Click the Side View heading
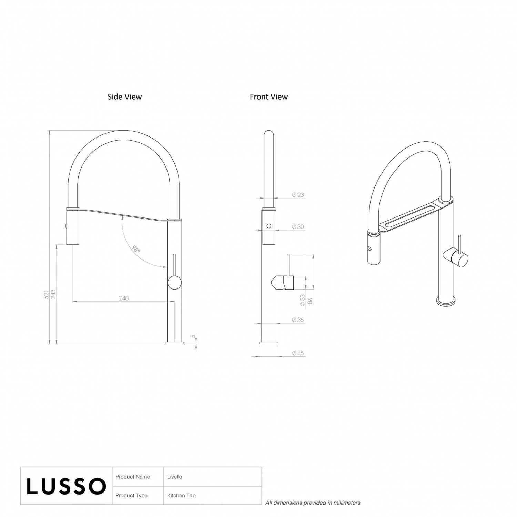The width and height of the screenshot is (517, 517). tap(124, 97)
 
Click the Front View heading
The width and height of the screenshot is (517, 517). tap(269, 97)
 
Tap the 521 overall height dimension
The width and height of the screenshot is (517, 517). tap(46, 294)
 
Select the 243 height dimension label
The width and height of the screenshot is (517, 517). tap(53, 294)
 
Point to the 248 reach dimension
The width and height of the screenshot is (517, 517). tap(124, 298)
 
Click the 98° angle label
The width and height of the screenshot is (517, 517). tap(136, 249)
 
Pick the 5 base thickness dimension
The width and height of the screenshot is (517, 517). tap(193, 336)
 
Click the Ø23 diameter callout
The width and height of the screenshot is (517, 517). tap(298, 195)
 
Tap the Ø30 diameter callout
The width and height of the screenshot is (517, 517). tap(298, 227)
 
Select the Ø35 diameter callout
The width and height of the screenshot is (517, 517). tap(298, 320)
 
